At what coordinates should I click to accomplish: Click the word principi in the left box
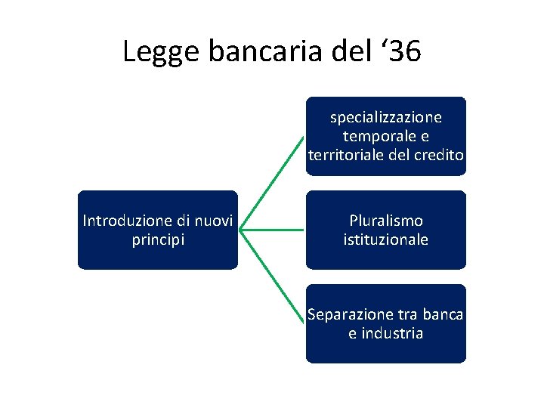(x=157, y=240)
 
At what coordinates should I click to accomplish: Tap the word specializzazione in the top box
(x=386, y=117)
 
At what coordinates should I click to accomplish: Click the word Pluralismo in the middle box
(x=386, y=221)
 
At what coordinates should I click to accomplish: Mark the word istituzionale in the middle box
(x=386, y=240)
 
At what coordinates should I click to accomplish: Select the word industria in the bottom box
(x=391, y=333)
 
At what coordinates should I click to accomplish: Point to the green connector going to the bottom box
(x=276, y=275)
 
